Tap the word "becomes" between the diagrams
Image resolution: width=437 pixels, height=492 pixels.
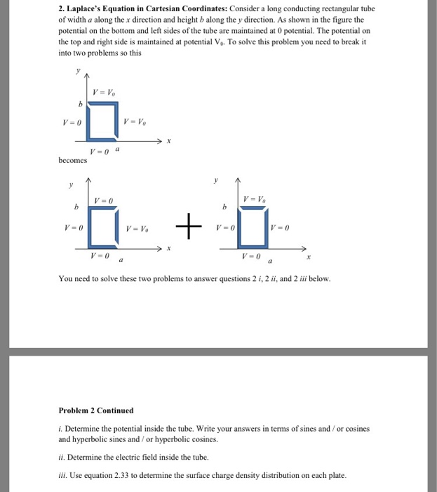pyautogui.click(x=73, y=160)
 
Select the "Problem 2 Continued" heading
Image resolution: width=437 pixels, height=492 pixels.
pyautogui.click(x=95, y=410)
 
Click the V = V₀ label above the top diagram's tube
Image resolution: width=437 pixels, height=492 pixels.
pyautogui.click(x=103, y=93)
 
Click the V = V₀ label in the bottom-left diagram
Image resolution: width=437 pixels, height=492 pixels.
pyautogui.click(x=138, y=228)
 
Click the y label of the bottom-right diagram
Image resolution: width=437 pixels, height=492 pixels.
pyautogui.click(x=217, y=180)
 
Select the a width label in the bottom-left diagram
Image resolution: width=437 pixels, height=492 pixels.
pyautogui.click(x=123, y=259)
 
